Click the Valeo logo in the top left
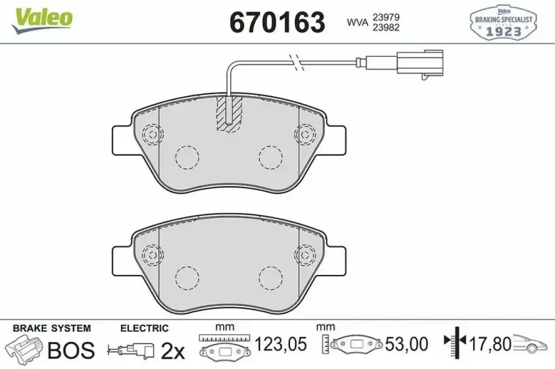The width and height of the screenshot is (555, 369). [42, 19]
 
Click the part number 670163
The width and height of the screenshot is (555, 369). [277, 22]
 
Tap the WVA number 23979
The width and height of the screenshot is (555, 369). [386, 17]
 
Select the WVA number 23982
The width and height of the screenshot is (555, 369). [386, 28]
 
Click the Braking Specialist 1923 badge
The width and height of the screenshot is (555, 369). [504, 22]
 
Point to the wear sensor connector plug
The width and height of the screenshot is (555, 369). [420, 63]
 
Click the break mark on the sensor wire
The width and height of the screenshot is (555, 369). [297, 63]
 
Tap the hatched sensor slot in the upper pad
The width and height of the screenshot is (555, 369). [229, 114]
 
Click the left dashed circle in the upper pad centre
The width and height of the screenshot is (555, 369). [187, 157]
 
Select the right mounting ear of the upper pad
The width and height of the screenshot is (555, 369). [335, 140]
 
